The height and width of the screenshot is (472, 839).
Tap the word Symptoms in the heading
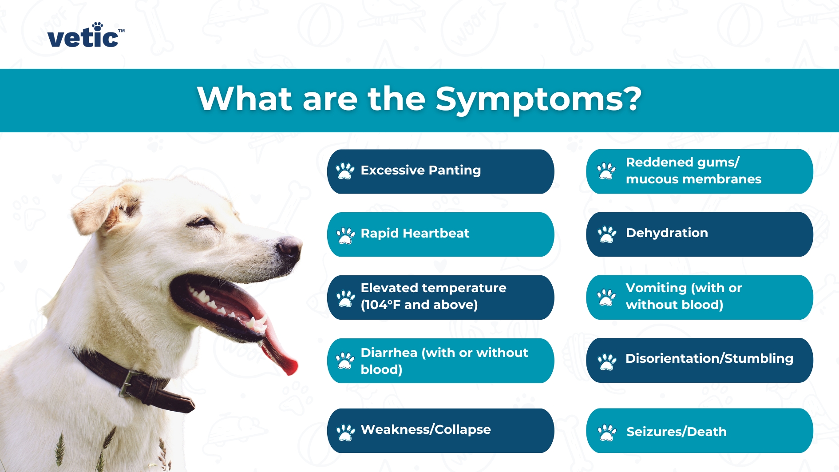[538, 99]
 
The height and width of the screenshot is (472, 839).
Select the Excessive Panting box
[440, 171]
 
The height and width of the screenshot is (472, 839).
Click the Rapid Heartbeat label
[415, 234]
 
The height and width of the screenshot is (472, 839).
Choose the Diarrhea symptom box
[440, 361]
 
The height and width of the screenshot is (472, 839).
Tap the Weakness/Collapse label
[425, 430]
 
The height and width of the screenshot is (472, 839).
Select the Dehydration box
[699, 234]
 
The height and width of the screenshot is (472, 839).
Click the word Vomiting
[656, 288]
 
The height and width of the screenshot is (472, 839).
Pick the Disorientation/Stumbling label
[709, 359]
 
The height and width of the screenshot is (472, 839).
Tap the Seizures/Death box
[699, 431]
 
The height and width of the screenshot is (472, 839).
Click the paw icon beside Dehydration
[606, 234]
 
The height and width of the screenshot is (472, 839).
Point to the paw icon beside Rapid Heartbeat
[345, 235]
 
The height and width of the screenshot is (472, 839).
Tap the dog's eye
[202, 222]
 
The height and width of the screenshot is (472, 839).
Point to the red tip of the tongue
[289, 367]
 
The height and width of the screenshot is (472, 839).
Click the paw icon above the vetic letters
[97, 26]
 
